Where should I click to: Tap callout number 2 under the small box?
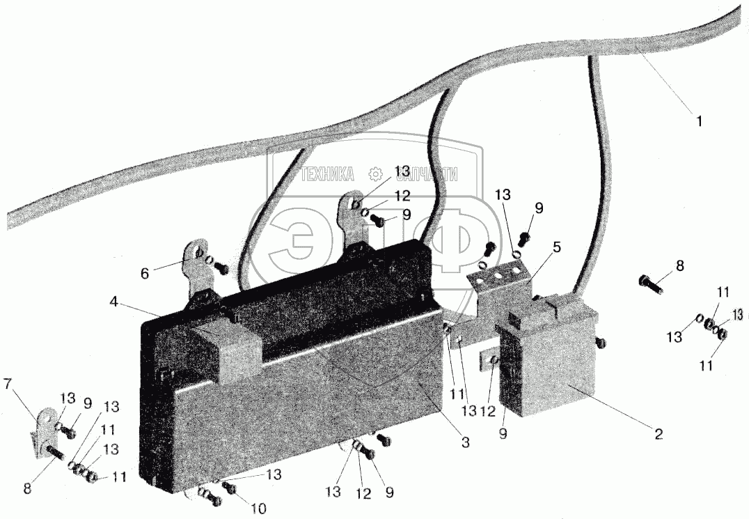click(x=657, y=434)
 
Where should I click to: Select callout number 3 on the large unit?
click(x=465, y=442)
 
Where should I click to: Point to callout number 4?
click(x=113, y=302)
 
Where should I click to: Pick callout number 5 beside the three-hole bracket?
click(x=558, y=247)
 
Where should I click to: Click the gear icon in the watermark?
click(x=374, y=174)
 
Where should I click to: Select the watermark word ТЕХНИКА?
click(x=328, y=174)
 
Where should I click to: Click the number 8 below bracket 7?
click(x=28, y=488)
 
